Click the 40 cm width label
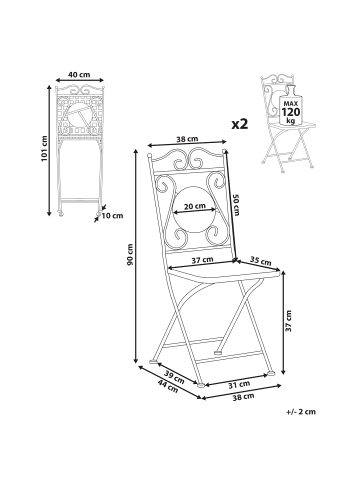click(79, 74)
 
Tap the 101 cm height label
click(44, 149)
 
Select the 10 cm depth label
click(112, 216)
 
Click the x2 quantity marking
click(240, 124)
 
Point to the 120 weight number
click(291, 112)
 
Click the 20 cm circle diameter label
click(195, 206)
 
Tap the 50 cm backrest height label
click(236, 205)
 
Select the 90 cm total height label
click(130, 255)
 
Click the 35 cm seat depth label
click(260, 261)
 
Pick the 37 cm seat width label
click(203, 260)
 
